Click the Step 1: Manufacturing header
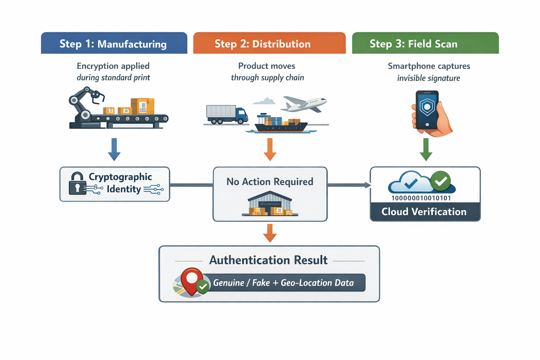click(x=114, y=44)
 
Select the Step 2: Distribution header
click(x=269, y=44)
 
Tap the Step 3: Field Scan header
click(x=425, y=44)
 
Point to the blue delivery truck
click(x=227, y=114)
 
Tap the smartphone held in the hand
click(x=427, y=110)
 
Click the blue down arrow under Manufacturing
click(x=114, y=149)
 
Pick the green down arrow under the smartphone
click(x=426, y=149)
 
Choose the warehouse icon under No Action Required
click(x=270, y=204)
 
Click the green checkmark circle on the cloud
click(x=441, y=181)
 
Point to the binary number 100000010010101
click(x=421, y=198)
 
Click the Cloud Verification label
click(x=424, y=212)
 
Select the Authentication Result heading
click(x=269, y=260)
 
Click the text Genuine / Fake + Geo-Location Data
click(x=283, y=283)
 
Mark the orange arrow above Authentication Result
click(x=270, y=233)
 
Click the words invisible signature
click(x=429, y=78)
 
